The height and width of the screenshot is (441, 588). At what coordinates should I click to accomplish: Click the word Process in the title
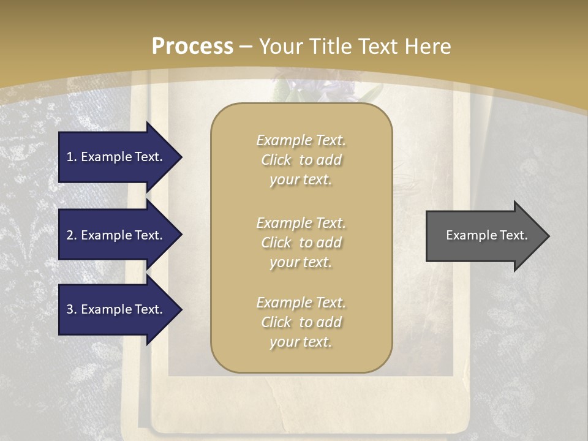point(192,46)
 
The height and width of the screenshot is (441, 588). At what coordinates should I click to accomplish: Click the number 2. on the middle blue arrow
point(72,235)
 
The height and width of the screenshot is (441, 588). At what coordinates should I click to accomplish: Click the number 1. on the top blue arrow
point(72,157)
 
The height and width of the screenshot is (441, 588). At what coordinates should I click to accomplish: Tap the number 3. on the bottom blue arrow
point(72,309)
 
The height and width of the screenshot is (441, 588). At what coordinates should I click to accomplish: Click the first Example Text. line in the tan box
point(301,140)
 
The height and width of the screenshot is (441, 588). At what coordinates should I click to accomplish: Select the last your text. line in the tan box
point(301,342)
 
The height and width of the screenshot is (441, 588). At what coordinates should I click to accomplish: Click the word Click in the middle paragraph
point(276,243)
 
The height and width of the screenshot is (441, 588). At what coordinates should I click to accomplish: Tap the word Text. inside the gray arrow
point(513,235)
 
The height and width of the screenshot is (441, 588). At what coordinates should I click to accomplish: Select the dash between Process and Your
point(246,47)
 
